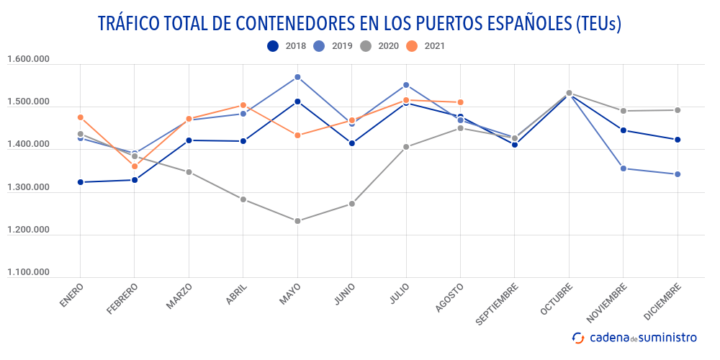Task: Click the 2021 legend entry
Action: [x=425, y=46]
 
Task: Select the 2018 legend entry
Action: [x=287, y=46]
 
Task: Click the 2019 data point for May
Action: [x=297, y=77]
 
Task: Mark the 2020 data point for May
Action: [x=297, y=221]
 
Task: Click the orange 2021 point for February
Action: [x=135, y=166]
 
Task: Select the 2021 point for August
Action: [x=460, y=102]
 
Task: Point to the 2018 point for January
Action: [x=80, y=182]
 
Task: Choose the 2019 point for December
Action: [x=678, y=174]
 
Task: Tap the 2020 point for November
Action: [x=624, y=111]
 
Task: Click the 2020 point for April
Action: [x=243, y=199]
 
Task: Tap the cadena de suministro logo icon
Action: [x=578, y=337]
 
